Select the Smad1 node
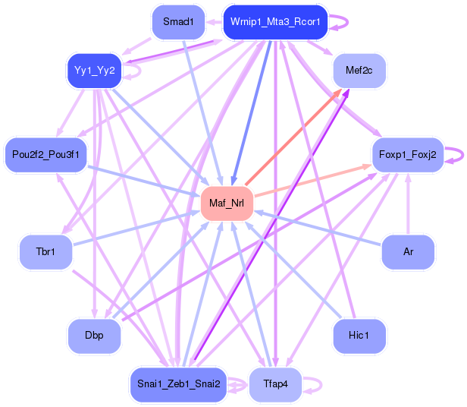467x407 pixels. pyautogui.click(x=178, y=22)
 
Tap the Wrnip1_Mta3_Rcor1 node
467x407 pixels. pyautogui.click(x=275, y=22)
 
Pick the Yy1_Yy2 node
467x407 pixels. pyautogui.click(x=94, y=71)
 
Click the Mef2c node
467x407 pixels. pyautogui.click(x=359, y=71)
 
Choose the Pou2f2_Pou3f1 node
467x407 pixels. pyautogui.click(x=45, y=155)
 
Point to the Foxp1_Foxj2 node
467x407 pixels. pyautogui.click(x=406, y=155)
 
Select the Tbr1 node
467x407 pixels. pyautogui.click(x=45, y=251)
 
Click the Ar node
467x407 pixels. pyautogui.click(x=408, y=251)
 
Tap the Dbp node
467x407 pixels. pyautogui.click(x=94, y=335)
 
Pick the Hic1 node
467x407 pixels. pyautogui.click(x=359, y=335)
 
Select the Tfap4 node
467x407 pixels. pyautogui.click(x=275, y=383)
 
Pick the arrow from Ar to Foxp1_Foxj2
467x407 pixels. pyautogui.click(x=408, y=205)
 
